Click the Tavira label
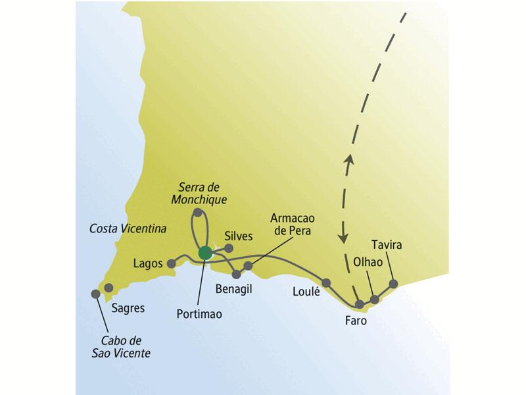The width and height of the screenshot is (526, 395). (x=386, y=246)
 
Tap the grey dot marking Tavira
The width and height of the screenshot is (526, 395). (x=394, y=284)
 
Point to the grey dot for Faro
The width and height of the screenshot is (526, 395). (x=360, y=304)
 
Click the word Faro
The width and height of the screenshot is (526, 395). (x=356, y=322)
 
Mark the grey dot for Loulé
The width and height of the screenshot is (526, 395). (x=326, y=282)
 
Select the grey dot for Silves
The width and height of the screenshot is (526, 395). (x=229, y=248)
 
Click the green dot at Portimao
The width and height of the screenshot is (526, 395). (x=205, y=251)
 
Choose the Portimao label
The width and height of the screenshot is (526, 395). (x=199, y=314)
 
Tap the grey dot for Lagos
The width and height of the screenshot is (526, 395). (x=172, y=264)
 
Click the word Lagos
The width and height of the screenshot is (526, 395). (x=147, y=263)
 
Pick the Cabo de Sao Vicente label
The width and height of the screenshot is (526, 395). (x=125, y=347)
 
